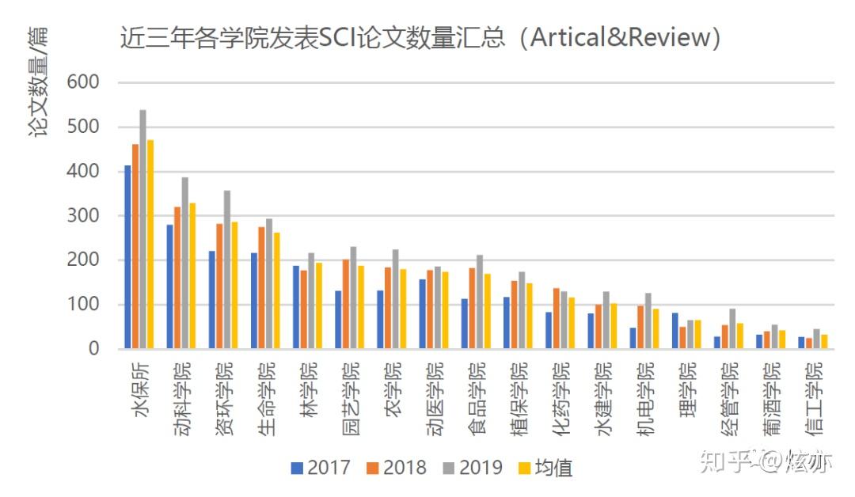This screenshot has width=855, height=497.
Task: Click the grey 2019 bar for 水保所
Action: (x=143, y=230)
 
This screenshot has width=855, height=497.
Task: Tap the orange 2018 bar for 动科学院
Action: (x=177, y=278)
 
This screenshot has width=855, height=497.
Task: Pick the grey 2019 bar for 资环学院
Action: (x=227, y=270)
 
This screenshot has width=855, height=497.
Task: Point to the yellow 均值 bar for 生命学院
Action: (x=277, y=290)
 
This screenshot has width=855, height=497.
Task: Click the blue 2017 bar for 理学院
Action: (x=674, y=331)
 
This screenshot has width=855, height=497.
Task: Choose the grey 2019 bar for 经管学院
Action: (x=732, y=328)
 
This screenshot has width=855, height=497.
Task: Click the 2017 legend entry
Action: (x=321, y=468)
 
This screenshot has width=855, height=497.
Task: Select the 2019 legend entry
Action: (x=473, y=468)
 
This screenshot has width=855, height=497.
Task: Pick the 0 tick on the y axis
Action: (x=93, y=349)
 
